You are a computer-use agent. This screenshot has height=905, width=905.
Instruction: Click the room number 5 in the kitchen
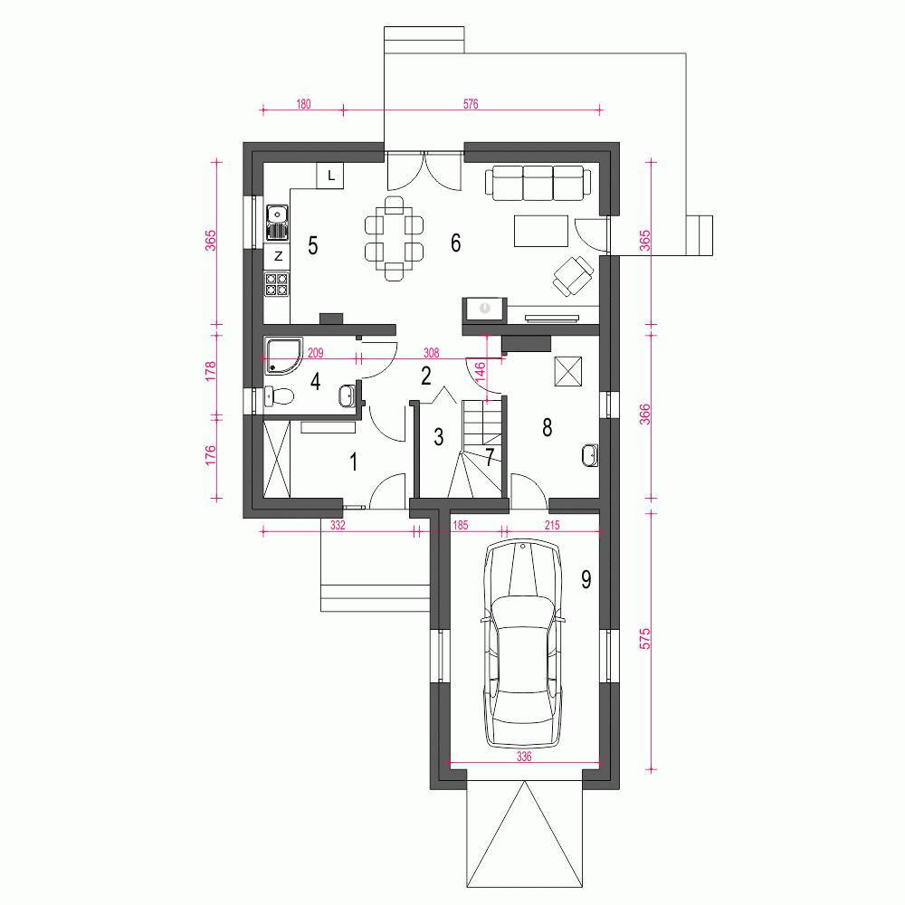point(313,245)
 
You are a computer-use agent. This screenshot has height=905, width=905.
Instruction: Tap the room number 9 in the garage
point(586,579)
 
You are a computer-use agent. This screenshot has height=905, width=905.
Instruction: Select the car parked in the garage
point(523,643)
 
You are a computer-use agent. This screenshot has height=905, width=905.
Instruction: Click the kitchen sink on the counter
point(277,223)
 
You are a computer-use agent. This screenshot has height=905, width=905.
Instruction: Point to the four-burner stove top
point(276,283)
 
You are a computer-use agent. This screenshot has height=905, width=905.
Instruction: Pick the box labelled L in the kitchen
point(330,176)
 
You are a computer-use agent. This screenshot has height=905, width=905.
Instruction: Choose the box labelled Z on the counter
point(278,256)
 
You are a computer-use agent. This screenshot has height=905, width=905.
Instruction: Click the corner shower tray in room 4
point(283,356)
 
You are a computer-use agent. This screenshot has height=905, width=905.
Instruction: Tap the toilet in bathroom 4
point(280,396)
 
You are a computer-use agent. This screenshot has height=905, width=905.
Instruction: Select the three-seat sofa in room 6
point(538,183)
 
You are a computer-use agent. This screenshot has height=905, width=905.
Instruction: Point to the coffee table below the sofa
point(541,231)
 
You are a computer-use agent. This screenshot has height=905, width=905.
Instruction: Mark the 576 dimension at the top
point(471,104)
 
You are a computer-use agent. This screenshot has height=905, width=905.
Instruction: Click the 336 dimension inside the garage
point(524,756)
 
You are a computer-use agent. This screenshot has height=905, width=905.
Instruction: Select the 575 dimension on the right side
point(644,639)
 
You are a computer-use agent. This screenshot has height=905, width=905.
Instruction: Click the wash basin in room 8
point(590,455)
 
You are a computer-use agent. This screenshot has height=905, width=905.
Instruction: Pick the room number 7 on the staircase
point(490,457)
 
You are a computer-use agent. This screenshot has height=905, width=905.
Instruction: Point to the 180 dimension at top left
point(303,104)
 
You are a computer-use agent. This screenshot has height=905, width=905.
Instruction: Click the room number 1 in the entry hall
point(353,462)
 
